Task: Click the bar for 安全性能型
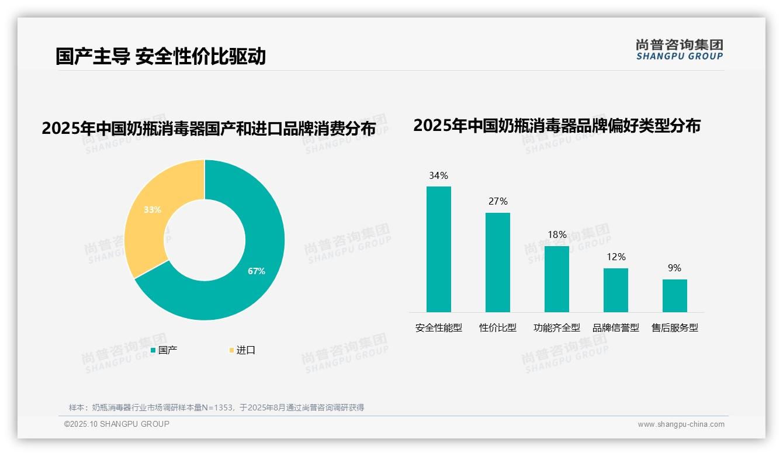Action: [x=438, y=249]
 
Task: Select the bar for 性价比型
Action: [x=497, y=262]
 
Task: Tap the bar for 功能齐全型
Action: [x=556, y=279]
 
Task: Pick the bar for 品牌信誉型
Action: [x=615, y=290]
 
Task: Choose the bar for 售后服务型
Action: [x=674, y=295]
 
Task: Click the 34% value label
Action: [x=438, y=175]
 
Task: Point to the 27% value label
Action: [x=498, y=201]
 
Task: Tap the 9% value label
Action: [x=674, y=268]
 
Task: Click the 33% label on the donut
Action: [x=152, y=209]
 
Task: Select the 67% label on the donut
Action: [x=256, y=271]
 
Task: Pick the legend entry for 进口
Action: [x=242, y=350]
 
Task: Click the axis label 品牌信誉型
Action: [x=616, y=328]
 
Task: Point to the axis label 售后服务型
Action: [x=675, y=328]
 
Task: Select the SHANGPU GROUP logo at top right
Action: [x=679, y=50]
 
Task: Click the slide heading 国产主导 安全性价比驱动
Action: [x=161, y=56]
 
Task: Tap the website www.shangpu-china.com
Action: [x=681, y=424]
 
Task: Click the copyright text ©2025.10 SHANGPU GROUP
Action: [x=117, y=424]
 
